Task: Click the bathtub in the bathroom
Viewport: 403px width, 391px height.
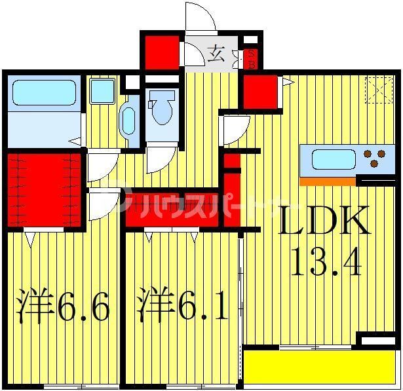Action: tap(43, 93)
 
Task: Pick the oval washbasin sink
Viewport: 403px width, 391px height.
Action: tap(128, 121)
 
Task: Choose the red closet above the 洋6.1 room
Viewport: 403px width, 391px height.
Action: tap(172, 210)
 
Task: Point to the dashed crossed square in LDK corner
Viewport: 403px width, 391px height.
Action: tap(379, 90)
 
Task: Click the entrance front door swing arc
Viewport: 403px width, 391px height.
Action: tap(200, 16)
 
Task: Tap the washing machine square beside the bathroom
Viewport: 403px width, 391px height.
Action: tap(102, 91)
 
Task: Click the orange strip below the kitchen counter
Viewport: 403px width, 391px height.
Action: tap(328, 181)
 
